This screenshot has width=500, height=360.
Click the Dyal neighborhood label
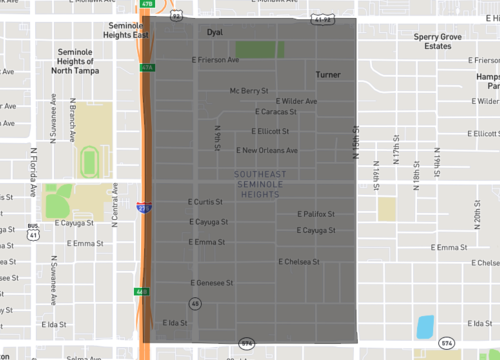click(x=214, y=33)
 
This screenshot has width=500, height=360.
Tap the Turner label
click(x=328, y=75)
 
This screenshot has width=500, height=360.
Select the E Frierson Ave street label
click(x=215, y=60)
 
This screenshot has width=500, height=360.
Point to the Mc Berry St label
click(x=249, y=90)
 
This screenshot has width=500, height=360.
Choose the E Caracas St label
click(x=275, y=112)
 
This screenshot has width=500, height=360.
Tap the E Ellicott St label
click(x=270, y=131)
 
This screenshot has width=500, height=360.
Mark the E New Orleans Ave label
click(x=267, y=150)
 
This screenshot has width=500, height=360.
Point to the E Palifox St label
click(x=316, y=214)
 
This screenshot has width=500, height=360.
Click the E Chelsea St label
click(x=299, y=262)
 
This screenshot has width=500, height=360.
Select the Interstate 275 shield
click(x=145, y=208)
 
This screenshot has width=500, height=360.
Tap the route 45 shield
click(x=195, y=302)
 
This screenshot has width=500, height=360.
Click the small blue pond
click(x=425, y=326)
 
